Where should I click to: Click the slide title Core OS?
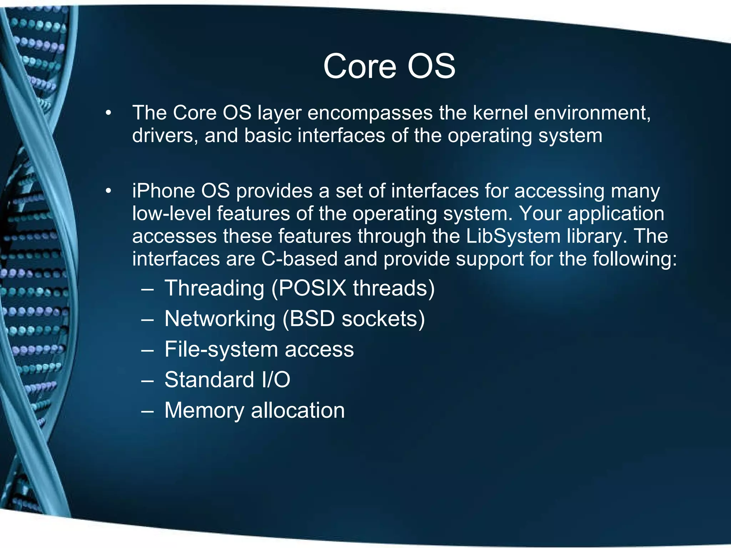(x=389, y=66)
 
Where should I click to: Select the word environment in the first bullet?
(x=593, y=113)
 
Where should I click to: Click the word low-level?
(x=171, y=214)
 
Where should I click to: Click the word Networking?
(x=220, y=319)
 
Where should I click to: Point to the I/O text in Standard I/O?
(x=276, y=380)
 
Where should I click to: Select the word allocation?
(x=298, y=410)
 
